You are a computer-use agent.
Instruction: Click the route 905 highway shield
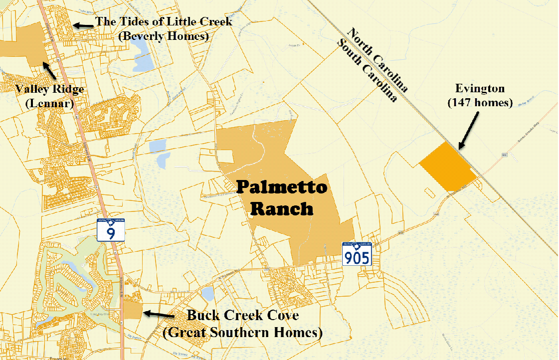tap(356, 254)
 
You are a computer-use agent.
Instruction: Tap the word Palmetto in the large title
tap(282, 188)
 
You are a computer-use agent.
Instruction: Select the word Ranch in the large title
tap(282, 208)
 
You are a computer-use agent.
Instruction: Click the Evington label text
tap(480, 89)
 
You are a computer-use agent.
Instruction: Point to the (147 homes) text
tap(480, 103)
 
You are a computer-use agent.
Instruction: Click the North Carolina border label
tap(378, 60)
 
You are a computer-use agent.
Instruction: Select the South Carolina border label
tap(367, 70)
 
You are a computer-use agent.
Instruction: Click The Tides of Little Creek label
tap(164, 22)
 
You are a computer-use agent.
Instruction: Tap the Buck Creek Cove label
tap(243, 316)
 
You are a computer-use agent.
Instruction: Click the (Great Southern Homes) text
tap(242, 332)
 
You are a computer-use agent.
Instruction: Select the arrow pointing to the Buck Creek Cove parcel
tap(159, 314)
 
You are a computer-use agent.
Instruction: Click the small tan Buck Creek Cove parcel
tap(132, 310)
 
